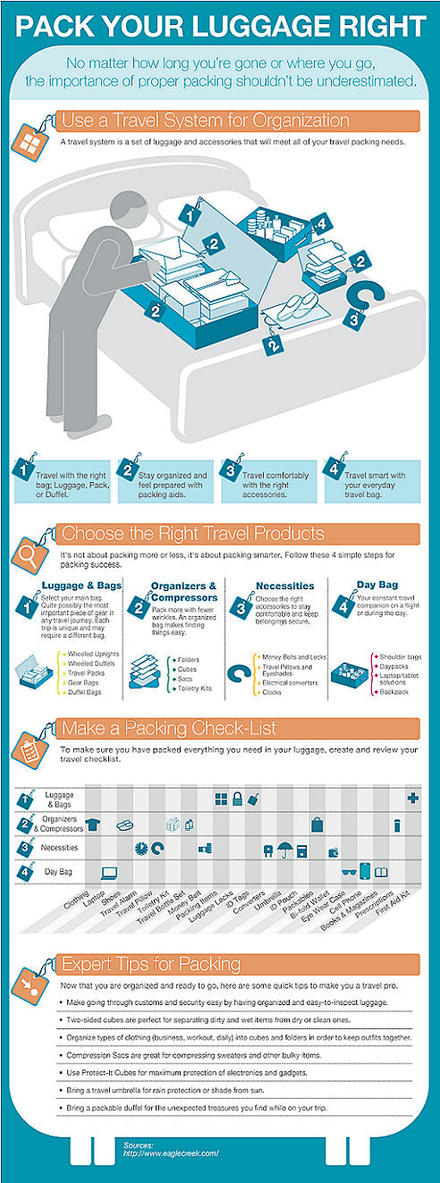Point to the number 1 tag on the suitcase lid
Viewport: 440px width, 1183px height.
click(x=190, y=214)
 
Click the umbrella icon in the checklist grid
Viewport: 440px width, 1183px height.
click(x=283, y=849)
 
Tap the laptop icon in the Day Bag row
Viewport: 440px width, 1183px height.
click(x=109, y=872)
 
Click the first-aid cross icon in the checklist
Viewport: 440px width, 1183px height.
click(x=413, y=798)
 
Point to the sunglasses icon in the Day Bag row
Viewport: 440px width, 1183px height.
click(x=348, y=871)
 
